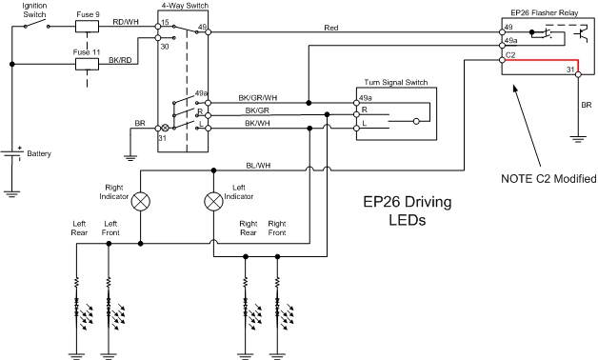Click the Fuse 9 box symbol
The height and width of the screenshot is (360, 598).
point(87,27)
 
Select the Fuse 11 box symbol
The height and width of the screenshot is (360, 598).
point(87,64)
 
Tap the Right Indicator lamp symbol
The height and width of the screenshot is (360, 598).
point(140,201)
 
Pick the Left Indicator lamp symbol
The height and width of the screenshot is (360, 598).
point(213,201)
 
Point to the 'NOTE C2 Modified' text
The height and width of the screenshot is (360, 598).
point(548,178)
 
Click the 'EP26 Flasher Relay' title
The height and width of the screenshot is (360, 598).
point(545,13)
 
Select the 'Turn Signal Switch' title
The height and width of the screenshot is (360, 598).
point(396,82)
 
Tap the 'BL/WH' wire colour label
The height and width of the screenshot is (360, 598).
point(258,166)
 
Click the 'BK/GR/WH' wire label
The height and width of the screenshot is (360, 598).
point(258,98)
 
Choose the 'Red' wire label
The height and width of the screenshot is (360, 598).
point(331,28)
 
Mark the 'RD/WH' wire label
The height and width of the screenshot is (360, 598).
point(126,22)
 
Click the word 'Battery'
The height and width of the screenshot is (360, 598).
point(39,153)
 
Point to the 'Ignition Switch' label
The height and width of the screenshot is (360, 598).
point(34,10)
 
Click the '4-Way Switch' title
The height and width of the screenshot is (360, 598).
point(185,6)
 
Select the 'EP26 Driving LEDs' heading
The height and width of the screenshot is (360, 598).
point(408,210)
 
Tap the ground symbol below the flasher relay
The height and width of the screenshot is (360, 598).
point(578,139)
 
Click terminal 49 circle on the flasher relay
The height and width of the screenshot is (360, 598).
point(502,32)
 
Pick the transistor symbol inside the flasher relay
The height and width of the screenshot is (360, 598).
point(582,33)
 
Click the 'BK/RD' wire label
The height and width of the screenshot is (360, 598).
point(120,60)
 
